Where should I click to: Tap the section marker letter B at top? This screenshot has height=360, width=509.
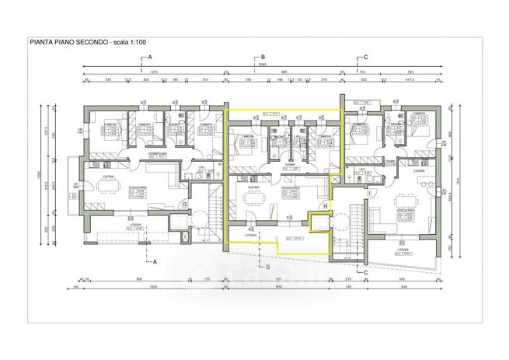tap(263, 58)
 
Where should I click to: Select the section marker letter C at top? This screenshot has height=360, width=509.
tap(365, 58)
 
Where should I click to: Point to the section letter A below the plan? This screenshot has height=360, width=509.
tap(155, 261)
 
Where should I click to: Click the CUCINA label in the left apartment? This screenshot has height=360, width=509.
tap(108, 177)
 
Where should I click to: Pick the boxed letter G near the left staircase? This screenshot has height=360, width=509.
tap(183, 204)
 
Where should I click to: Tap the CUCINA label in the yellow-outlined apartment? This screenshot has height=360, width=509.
tap(253, 187)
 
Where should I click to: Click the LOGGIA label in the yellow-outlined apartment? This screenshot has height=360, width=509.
tap(251, 235)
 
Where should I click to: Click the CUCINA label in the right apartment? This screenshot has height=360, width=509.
tap(418, 170)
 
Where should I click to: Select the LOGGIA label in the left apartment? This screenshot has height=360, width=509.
tap(134, 225)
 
